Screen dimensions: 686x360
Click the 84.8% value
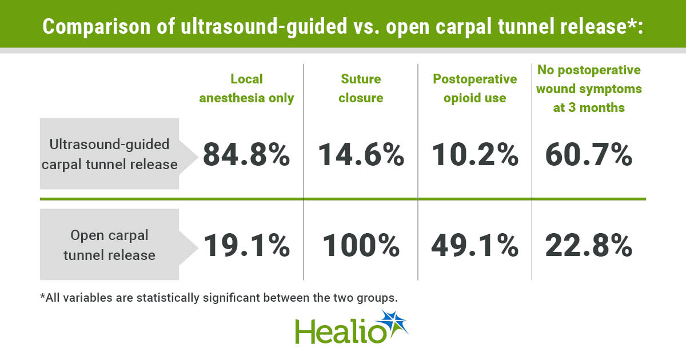246,155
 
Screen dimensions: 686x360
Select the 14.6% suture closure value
361,155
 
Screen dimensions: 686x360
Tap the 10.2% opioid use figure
475,155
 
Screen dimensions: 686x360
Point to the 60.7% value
589,155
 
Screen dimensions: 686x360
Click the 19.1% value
247,245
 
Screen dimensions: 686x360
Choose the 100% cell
361,245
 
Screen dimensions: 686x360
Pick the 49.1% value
475,245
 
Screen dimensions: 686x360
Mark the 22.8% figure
589,245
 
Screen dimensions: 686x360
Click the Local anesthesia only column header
246,89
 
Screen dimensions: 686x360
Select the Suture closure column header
361,89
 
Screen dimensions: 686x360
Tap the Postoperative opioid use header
475,89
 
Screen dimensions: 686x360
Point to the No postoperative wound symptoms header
589,89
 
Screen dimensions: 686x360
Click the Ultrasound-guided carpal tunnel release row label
109,154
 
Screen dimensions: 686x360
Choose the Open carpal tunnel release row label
109,245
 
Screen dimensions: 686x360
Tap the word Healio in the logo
341,331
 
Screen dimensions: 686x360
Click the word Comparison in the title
97,27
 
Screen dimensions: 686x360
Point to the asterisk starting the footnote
42,296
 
